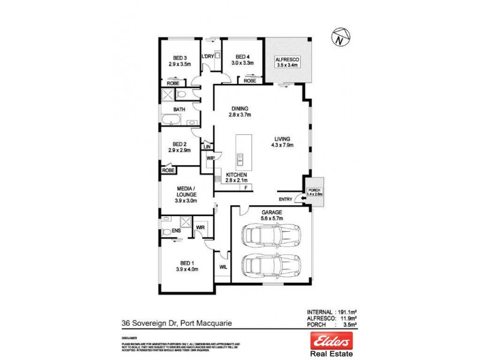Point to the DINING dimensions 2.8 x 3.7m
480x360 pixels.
[241, 115]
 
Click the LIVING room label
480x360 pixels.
[279, 138]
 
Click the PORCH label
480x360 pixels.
[314, 190]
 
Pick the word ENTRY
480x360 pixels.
[286, 199]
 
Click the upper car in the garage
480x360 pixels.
[269, 235]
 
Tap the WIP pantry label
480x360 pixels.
[210, 158]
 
